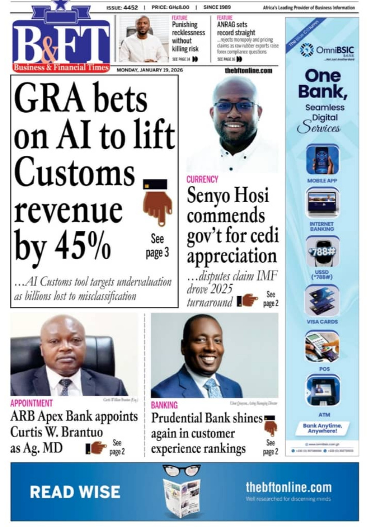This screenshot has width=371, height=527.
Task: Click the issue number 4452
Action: click(x=131, y=8)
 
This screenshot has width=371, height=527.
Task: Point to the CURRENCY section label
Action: click(x=202, y=179)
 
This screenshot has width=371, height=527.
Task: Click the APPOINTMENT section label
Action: click(x=32, y=403)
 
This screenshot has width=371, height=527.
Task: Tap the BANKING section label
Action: click(x=164, y=405)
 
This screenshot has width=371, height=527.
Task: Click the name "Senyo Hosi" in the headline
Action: click(x=228, y=196)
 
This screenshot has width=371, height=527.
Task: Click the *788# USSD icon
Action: click(x=322, y=252)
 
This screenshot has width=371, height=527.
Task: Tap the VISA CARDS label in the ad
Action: click(x=322, y=322)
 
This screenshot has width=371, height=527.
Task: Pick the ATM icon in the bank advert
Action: click(x=322, y=391)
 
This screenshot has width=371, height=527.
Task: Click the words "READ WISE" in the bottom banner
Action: click(x=75, y=492)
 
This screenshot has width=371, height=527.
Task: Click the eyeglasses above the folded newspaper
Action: click(x=181, y=470)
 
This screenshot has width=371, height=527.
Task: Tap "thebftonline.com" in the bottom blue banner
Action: click(x=288, y=487)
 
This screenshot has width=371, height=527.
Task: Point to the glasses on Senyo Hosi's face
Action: click(x=236, y=107)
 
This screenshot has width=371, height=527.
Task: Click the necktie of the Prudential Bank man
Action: click(x=214, y=387)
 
